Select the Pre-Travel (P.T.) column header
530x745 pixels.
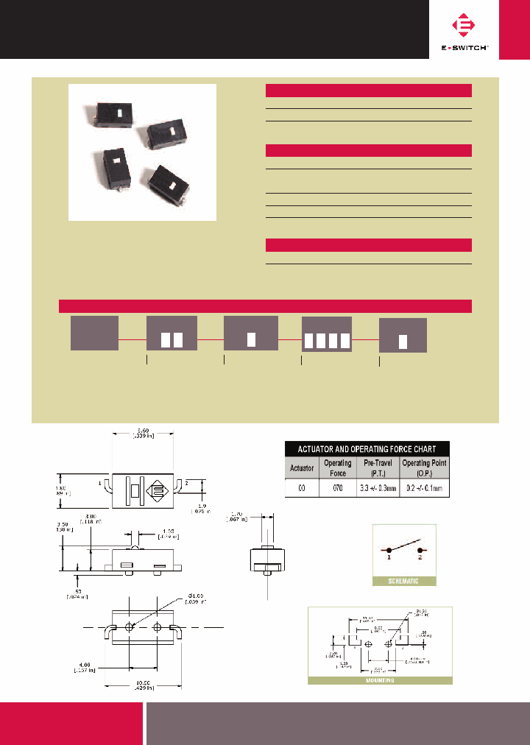click(378, 467)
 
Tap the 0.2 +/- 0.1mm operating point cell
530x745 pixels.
click(424, 487)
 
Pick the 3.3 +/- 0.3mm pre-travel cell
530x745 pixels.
click(378, 487)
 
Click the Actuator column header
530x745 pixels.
click(302, 467)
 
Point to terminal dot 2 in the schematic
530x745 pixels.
click(420, 550)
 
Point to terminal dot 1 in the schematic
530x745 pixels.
click(388, 550)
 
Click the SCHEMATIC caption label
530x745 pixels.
click(404, 581)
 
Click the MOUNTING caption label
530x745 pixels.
click(380, 680)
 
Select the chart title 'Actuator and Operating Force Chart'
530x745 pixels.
click(367, 448)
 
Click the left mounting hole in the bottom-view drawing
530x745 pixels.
click(130, 627)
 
